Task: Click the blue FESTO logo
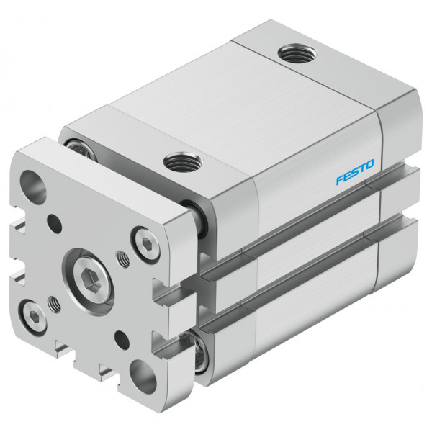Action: tap(355, 171)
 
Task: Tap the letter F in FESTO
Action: tap(341, 179)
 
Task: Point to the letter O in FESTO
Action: tap(369, 164)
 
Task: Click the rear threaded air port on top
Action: tap(297, 53)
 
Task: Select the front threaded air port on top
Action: tap(183, 162)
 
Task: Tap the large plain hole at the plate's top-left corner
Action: tap(33, 184)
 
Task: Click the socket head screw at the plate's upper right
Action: tap(146, 243)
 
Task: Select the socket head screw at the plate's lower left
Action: tap(34, 317)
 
